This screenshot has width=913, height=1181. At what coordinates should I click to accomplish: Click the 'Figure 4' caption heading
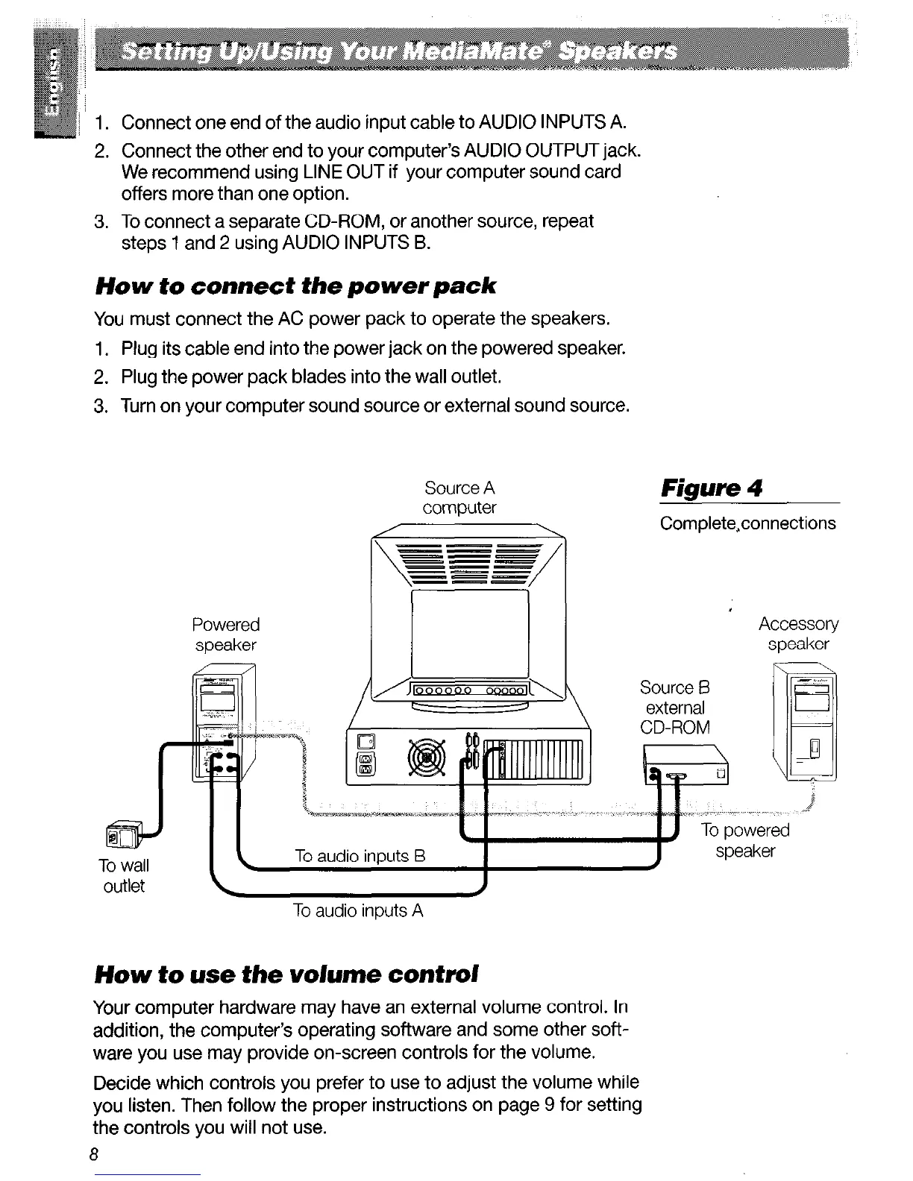(712, 489)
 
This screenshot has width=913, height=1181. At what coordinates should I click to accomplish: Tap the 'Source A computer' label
(459, 497)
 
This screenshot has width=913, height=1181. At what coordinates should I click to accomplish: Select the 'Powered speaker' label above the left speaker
(225, 634)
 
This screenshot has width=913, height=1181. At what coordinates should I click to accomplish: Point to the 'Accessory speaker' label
(798, 633)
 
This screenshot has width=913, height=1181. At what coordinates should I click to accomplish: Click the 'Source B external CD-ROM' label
(676, 707)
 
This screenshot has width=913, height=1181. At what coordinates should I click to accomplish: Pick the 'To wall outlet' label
(123, 875)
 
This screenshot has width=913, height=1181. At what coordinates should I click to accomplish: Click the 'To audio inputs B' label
(360, 856)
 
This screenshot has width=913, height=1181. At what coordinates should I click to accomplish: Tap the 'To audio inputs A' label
(359, 910)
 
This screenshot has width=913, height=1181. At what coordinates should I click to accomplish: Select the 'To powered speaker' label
(744, 840)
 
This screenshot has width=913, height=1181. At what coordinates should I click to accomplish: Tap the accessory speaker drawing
(806, 723)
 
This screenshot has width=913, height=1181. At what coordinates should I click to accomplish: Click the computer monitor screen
(470, 632)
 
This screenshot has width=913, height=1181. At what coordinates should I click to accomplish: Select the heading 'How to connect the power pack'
(295, 286)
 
